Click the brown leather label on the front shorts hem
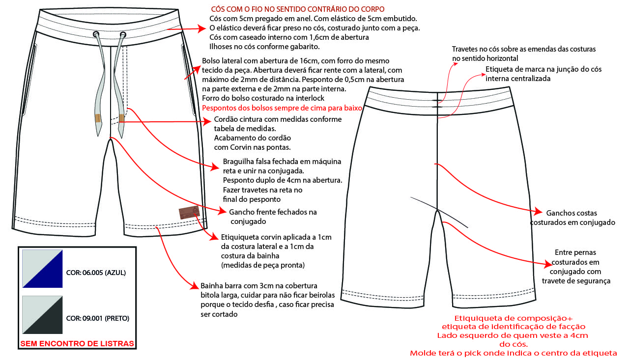click(189, 212)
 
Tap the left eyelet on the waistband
click(96, 34)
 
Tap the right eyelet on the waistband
click(123, 35)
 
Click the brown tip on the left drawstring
click(98, 118)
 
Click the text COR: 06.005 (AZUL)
click(96, 273)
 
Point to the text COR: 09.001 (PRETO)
click(98, 318)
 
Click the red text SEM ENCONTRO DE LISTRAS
click(77, 344)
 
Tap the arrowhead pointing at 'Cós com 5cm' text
click(201, 28)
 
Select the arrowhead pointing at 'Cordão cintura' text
click(207, 121)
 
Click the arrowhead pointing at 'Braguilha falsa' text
click(215, 167)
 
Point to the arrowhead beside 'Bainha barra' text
click(195, 286)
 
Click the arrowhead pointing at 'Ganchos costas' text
click(538, 211)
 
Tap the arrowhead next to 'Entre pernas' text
click(548, 264)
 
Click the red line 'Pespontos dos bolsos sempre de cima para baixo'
click(282, 108)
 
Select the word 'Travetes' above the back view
click(465, 49)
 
